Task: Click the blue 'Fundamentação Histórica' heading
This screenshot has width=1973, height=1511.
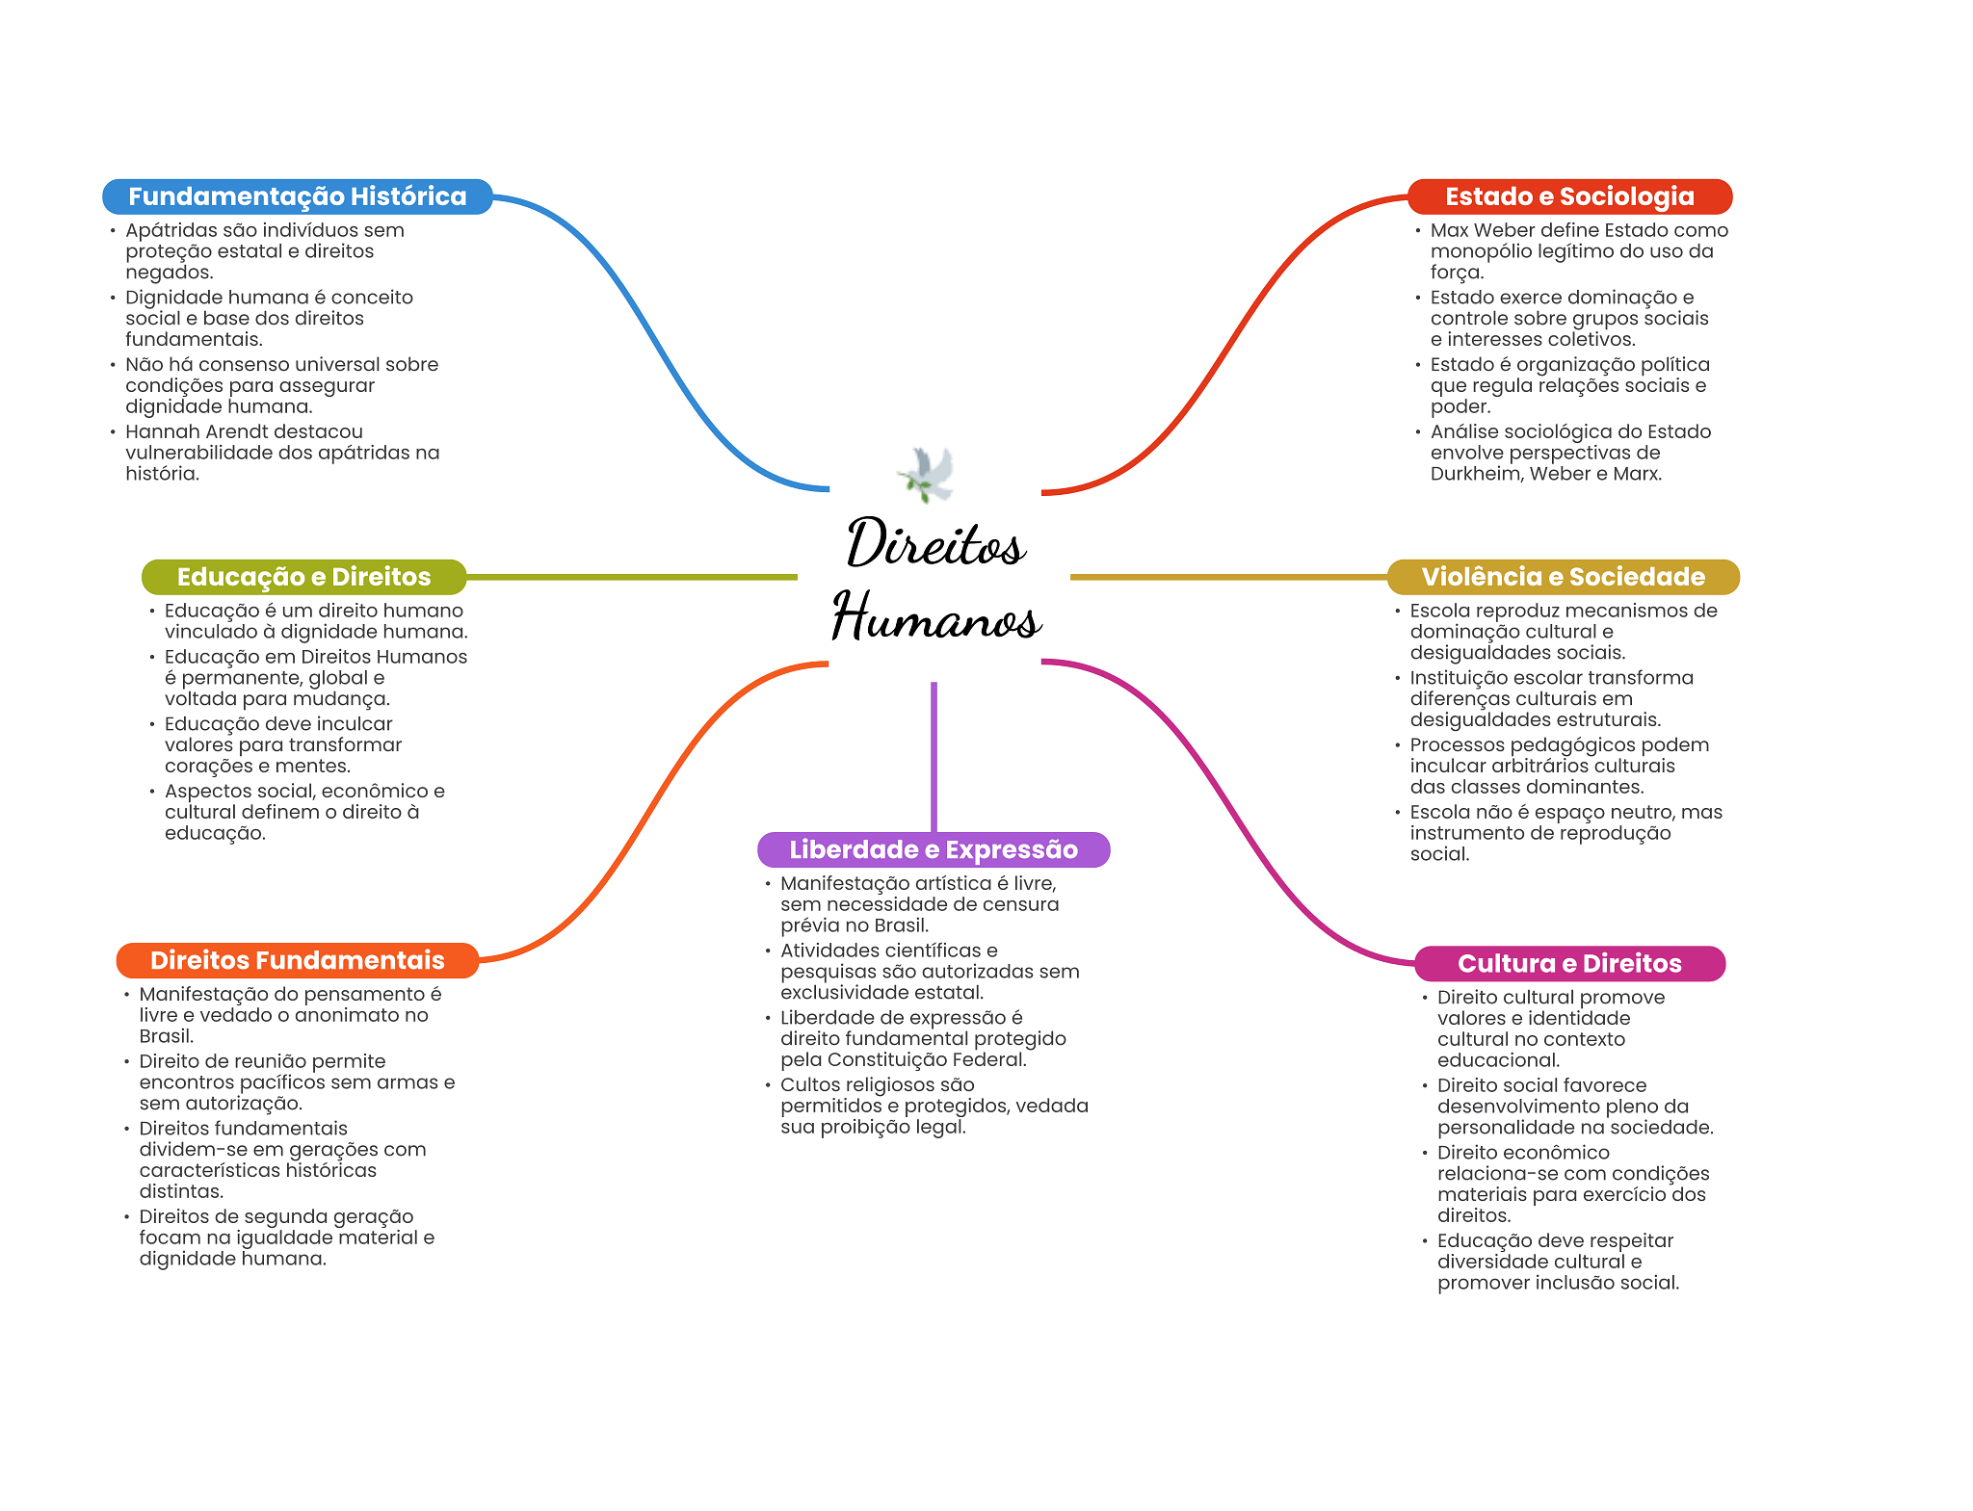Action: pyautogui.click(x=297, y=196)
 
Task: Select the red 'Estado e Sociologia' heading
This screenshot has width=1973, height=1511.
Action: pyautogui.click(x=1568, y=196)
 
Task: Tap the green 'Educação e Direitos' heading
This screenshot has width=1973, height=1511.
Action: pyautogui.click(x=303, y=577)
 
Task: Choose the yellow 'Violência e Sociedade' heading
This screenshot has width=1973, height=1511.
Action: pyautogui.click(x=1563, y=577)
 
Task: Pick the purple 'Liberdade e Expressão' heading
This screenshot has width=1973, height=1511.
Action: pyautogui.click(x=933, y=849)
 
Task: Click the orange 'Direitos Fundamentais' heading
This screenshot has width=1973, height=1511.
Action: pyautogui.click(x=297, y=960)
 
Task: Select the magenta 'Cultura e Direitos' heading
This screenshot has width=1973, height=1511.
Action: pyautogui.click(x=1568, y=963)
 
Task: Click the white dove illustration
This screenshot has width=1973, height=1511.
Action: pyautogui.click(x=927, y=474)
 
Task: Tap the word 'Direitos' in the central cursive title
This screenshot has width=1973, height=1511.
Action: pyautogui.click(x=936, y=544)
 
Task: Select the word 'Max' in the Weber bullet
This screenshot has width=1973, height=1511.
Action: pyautogui.click(x=1448, y=230)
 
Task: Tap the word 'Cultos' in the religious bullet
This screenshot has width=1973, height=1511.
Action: pyautogui.click(x=809, y=1084)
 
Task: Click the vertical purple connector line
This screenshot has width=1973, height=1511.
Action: pyautogui.click(x=934, y=756)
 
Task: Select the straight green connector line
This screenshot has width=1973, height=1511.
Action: pyautogui.click(x=631, y=577)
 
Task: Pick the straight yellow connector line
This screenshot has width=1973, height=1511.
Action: pyautogui.click(x=1228, y=577)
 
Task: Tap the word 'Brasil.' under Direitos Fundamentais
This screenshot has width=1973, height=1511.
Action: pyautogui.click(x=167, y=1036)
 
